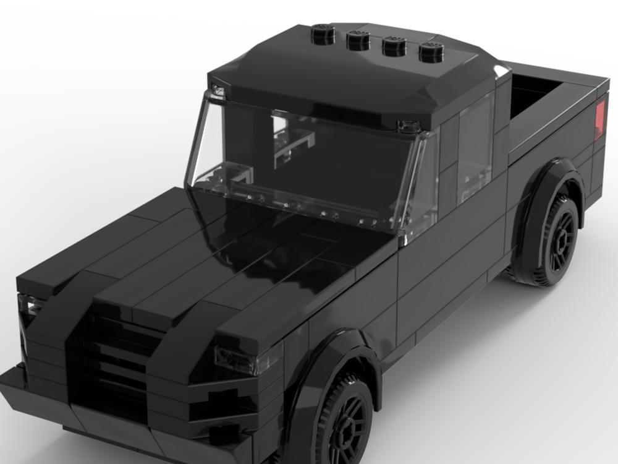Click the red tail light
tap(599, 119)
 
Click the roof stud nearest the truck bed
tap(431, 52)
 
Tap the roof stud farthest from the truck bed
tap(323, 33)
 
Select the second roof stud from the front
tap(358, 40)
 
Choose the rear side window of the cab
tap(475, 148)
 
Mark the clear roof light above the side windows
tap(408, 127)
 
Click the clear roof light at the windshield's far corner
tap(218, 90)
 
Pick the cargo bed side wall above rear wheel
tap(550, 136)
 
